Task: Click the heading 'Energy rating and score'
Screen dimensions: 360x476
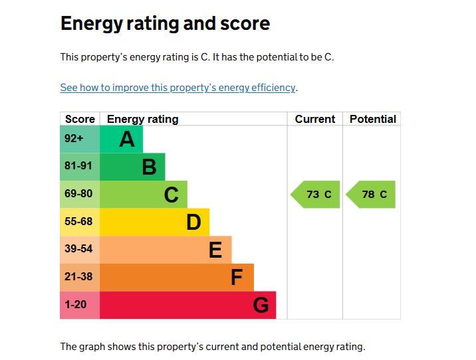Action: [165, 24]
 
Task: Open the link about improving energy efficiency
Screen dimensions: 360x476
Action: [178, 88]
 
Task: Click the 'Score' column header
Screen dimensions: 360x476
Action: [80, 120]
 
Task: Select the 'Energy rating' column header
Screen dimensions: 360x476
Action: [142, 120]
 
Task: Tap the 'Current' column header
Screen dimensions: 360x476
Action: [314, 120]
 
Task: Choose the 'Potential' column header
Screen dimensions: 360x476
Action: [372, 120]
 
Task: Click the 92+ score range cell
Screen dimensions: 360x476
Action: [79, 139]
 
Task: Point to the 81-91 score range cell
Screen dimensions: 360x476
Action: [79, 166]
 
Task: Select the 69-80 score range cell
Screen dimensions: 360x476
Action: [79, 194]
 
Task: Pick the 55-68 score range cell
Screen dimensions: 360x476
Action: [79, 222]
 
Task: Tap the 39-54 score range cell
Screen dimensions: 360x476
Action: [79, 249]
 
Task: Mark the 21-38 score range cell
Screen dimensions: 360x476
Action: [79, 277]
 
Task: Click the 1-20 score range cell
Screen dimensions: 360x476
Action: [79, 305]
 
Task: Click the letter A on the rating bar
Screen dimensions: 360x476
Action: [126, 139]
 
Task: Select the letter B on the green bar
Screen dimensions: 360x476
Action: [149, 167]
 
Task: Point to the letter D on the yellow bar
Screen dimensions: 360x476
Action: [193, 223]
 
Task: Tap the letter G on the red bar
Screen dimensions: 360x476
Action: [261, 306]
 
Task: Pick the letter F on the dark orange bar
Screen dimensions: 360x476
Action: [237, 278]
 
